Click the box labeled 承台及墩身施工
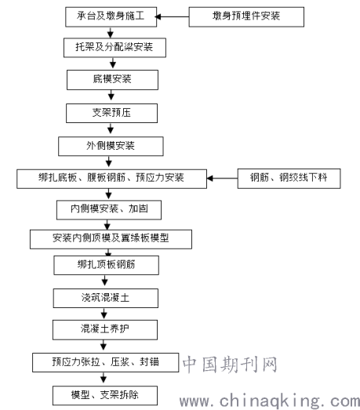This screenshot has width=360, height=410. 111,16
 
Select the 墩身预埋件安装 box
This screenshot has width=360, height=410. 246,16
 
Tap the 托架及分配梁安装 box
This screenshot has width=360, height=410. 115,48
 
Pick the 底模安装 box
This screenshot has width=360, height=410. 112,80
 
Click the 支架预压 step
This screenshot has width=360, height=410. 111,113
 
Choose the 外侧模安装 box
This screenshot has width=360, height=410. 111,146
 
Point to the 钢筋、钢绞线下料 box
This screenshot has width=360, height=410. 289,179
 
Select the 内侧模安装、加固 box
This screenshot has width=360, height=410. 109,210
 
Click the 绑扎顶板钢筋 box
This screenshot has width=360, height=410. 106,265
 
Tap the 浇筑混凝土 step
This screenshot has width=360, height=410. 106,298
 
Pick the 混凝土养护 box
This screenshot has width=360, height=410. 105,330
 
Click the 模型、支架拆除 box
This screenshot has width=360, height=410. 105,395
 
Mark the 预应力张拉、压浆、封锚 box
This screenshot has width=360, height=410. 105,362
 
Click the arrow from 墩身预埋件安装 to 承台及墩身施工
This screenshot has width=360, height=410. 172,16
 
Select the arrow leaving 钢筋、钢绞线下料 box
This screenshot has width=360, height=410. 222,178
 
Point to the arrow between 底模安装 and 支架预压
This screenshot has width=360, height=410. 111,95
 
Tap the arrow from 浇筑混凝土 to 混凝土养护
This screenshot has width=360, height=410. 104,314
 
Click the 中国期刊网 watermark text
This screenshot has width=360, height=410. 230,365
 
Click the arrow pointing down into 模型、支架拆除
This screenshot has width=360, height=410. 104,379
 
